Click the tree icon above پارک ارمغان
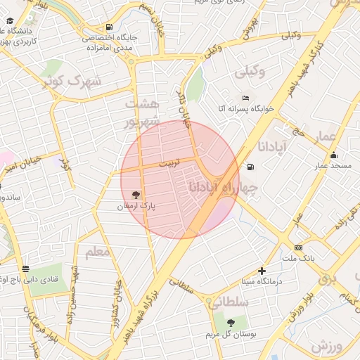[135, 195]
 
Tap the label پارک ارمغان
[136, 206]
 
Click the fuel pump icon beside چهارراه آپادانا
[251, 167]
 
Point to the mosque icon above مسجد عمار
[333, 155]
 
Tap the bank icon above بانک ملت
[299, 247]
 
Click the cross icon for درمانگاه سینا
[262, 271]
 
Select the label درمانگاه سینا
[259, 281]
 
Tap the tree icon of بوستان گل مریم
[231, 323]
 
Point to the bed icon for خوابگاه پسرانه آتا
[245, 98]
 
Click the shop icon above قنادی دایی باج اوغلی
[26, 269]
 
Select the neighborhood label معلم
[98, 251]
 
